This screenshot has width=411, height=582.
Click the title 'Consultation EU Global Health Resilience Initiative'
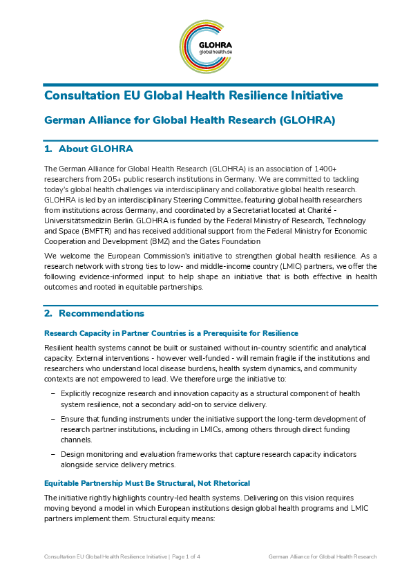point(193,95)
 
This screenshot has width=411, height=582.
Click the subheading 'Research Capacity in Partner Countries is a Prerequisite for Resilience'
point(171,333)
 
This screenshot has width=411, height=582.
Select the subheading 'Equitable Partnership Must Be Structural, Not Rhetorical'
point(147,482)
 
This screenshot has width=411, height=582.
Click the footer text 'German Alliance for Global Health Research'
point(322,556)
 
